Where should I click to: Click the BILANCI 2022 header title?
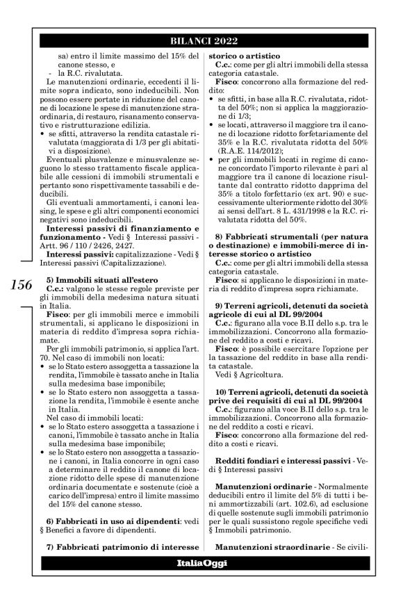pos(201,41)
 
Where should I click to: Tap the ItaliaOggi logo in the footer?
pos(201,562)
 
